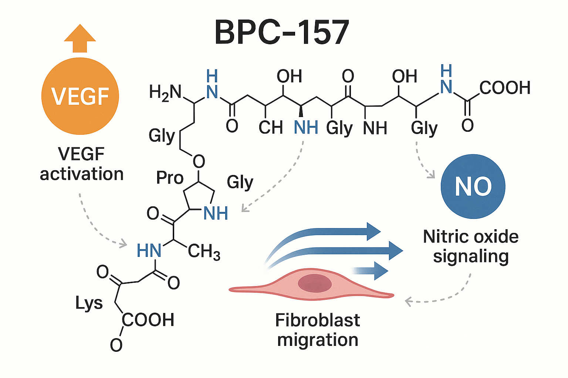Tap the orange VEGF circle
(80, 96)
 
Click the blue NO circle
(473, 186)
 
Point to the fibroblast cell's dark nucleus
(315, 283)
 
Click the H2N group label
(165, 92)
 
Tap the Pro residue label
(170, 178)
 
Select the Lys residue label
(89, 303)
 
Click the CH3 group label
(204, 252)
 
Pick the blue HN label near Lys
(149, 251)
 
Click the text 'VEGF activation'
(81, 164)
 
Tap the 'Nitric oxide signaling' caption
(471, 246)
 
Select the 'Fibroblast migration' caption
(318, 330)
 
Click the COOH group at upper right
(505, 88)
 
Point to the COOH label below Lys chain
(148, 320)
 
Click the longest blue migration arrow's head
(396, 251)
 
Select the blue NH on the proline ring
(216, 213)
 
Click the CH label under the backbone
(270, 128)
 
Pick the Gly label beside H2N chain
(161, 136)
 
